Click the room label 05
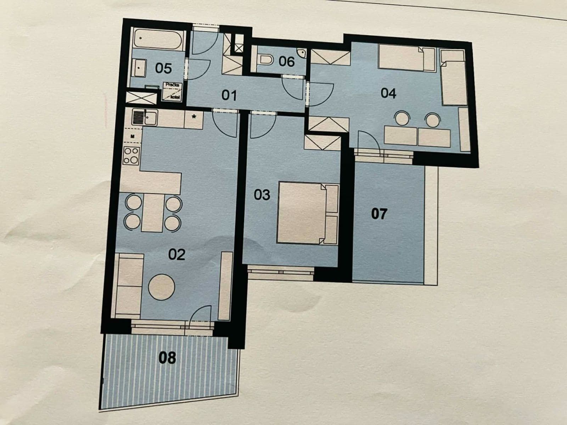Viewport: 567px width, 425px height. click(163, 68)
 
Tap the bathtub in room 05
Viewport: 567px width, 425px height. click(158, 40)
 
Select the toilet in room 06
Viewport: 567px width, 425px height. click(266, 60)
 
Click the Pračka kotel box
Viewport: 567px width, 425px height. click(173, 91)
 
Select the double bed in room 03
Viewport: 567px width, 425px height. click(301, 212)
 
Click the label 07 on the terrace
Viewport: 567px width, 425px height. click(379, 214)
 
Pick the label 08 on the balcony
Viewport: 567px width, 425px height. click(167, 358)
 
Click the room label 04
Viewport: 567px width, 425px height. click(388, 93)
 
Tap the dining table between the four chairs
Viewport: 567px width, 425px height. click(153, 212)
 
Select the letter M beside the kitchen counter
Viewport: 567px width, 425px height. click(132, 136)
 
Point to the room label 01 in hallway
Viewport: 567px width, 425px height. click(229, 95)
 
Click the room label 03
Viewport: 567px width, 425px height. click(262, 194)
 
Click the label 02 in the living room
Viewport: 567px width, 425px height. click(176, 254)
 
